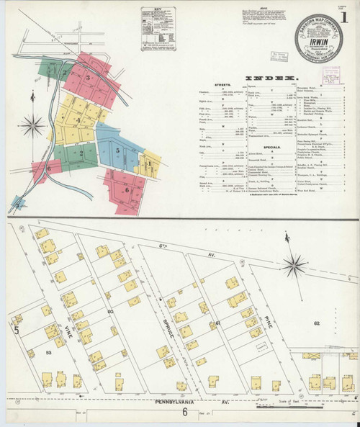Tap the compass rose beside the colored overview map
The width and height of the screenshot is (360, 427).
(32, 127)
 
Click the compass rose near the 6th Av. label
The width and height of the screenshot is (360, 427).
(295, 269)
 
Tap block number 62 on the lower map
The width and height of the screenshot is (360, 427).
(336, 324)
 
